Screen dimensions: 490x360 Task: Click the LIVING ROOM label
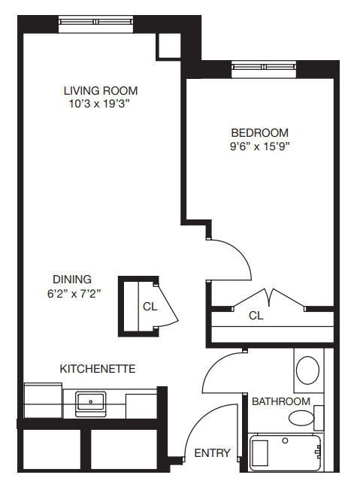pos(101,91)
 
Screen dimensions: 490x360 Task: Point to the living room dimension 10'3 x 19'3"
pos(101,104)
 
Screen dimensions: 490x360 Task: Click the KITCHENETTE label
pos(97,369)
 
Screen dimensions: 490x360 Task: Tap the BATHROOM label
pos(280,401)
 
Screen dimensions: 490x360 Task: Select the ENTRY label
pos(212,453)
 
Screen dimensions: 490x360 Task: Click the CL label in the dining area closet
pos(150,306)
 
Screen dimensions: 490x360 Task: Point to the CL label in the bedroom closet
pos(256,316)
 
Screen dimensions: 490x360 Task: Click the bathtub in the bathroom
pos(286,454)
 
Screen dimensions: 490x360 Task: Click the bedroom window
pos(262,69)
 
